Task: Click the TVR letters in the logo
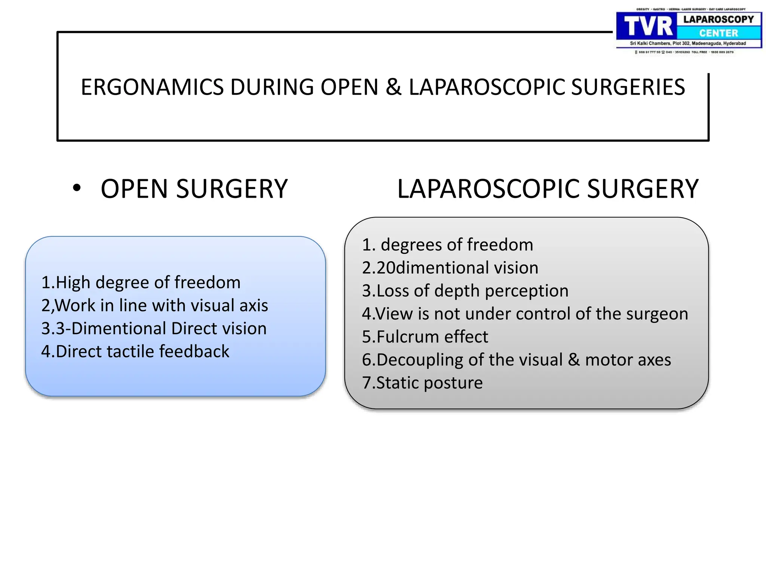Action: [x=648, y=27]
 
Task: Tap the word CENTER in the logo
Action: [x=718, y=33]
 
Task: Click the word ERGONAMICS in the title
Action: [x=152, y=87]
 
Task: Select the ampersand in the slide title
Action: [x=393, y=87]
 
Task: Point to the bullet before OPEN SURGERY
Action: [x=77, y=188]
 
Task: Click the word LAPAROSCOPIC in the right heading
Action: [x=488, y=189]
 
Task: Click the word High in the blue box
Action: [x=74, y=282]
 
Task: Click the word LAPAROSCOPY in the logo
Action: [x=718, y=19]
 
